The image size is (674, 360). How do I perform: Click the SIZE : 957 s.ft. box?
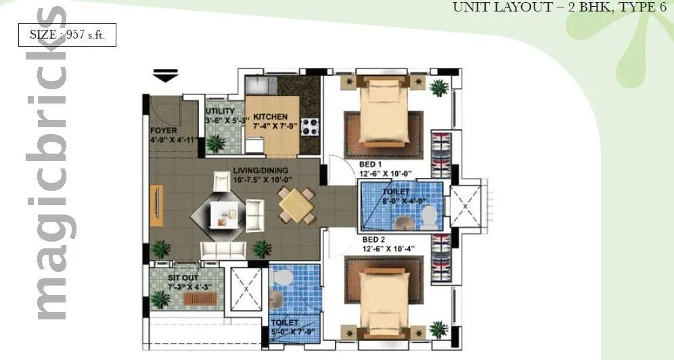point(67,34)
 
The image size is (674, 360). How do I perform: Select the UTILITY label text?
point(220,111)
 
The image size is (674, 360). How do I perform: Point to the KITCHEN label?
point(270,116)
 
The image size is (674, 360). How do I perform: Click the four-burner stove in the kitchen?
point(309,126)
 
